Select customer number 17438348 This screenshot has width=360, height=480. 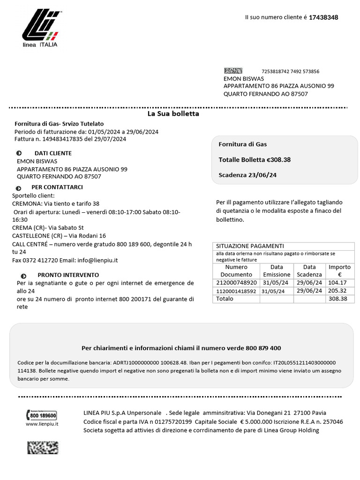(x=323, y=17)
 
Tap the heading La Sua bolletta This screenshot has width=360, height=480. (x=173, y=114)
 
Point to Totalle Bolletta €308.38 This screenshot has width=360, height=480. (x=255, y=160)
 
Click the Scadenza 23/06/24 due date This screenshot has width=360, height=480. (x=247, y=175)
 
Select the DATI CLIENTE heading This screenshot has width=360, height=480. (x=53, y=153)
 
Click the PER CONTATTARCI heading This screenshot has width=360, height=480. (x=60, y=187)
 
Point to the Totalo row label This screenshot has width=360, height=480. (x=224, y=299)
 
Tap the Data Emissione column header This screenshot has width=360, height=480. (x=277, y=270)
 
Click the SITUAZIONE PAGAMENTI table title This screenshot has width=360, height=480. (x=250, y=246)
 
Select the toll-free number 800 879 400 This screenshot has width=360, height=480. (x=263, y=348)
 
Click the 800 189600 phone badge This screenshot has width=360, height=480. (x=42, y=415)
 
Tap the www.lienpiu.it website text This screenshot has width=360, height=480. (x=42, y=424)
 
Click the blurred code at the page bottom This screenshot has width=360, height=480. (x=43, y=448)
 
